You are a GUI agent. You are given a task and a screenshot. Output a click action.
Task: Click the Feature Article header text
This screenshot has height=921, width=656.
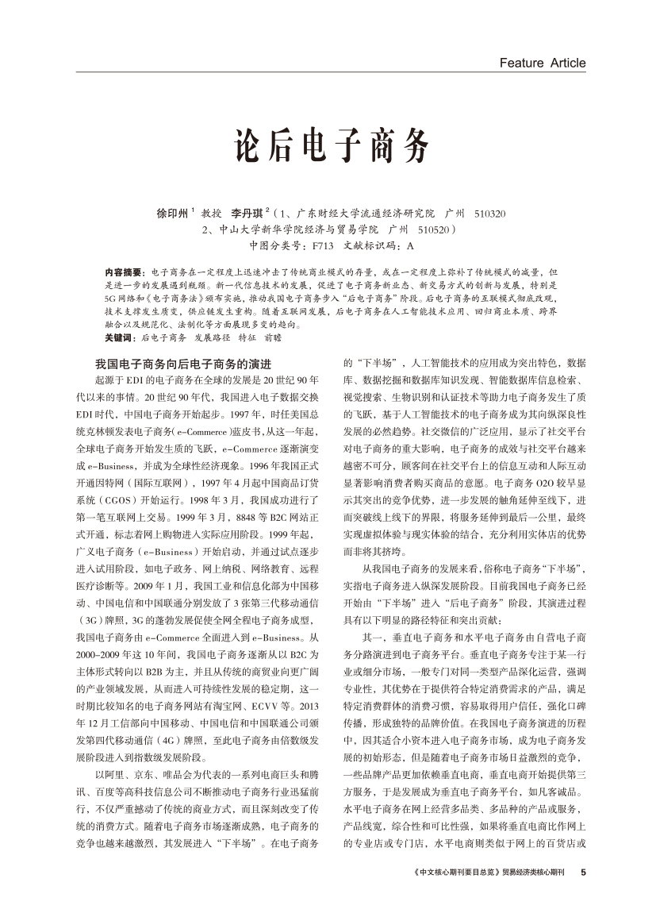pos(543,63)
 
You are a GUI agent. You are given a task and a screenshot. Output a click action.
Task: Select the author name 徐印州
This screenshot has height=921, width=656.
pos(171,214)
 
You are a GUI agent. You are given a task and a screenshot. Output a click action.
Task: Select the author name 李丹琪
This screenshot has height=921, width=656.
pos(246,214)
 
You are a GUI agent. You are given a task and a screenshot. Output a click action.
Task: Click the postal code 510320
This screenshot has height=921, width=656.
pos(489,214)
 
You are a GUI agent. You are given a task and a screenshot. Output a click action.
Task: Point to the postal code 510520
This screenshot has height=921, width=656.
pos(434,229)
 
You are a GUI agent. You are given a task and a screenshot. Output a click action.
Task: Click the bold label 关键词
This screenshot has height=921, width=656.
pos(120,337)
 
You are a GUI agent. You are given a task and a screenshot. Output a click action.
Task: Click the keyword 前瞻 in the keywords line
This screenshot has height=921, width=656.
pos(272,337)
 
